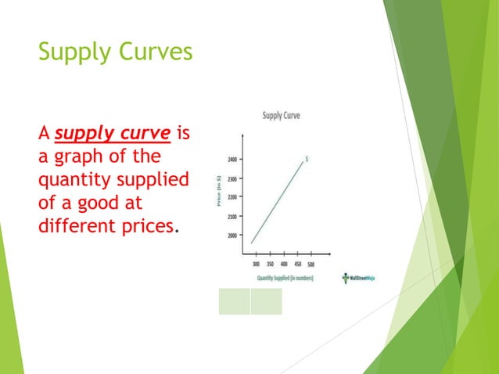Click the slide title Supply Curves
[114, 53]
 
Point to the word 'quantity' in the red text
[74, 181]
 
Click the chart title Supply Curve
[281, 116]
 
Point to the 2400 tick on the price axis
[234, 160]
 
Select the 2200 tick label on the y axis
[234, 197]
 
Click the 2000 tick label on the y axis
[234, 235]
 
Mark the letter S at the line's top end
[307, 159]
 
